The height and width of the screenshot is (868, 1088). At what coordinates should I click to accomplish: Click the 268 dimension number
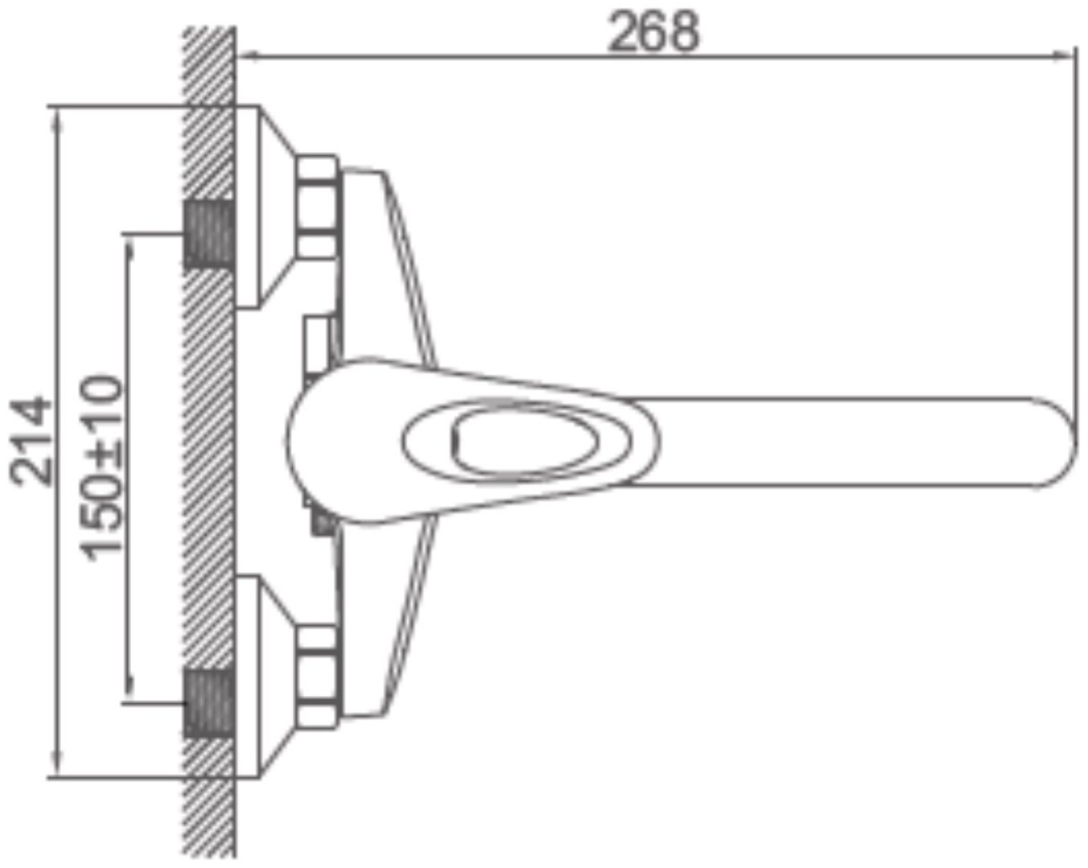654,32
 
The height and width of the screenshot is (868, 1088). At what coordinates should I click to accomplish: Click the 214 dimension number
31,442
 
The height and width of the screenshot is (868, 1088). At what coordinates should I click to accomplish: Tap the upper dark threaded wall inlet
209,235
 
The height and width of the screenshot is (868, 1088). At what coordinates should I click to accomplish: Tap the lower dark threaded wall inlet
209,703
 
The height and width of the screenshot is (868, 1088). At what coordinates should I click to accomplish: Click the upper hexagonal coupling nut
318,207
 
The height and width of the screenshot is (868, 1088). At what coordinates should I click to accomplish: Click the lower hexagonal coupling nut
318,677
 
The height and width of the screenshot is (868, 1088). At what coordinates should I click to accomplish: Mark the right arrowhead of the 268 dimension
1065,56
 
